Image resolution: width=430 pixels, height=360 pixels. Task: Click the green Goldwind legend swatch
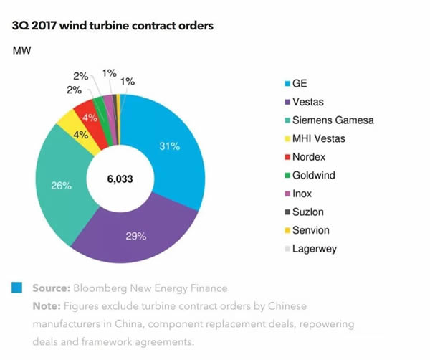coord(286,176)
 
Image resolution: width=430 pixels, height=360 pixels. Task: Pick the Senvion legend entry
coord(310,231)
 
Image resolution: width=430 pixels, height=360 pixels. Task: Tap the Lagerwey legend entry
coord(314,249)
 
